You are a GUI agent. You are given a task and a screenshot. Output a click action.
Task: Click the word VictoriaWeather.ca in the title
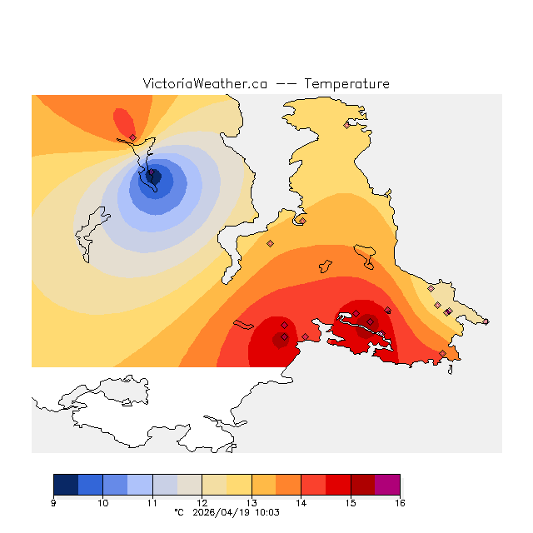tap(205, 84)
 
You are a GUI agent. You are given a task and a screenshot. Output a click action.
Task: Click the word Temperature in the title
tap(346, 84)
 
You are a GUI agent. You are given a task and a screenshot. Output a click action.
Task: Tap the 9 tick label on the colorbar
tap(53, 503)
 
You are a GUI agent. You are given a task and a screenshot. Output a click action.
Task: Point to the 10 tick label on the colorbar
tap(102, 503)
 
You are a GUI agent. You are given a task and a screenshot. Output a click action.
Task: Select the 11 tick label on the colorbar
tap(152, 503)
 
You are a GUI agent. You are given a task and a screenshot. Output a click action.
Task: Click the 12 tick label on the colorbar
tap(202, 503)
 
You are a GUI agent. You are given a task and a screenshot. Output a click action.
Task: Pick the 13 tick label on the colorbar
tap(252, 503)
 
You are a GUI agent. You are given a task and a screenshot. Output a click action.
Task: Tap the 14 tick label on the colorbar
tap(301, 503)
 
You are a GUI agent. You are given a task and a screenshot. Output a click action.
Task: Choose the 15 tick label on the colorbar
tap(351, 503)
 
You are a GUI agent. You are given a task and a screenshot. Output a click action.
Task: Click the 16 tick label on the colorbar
tap(400, 503)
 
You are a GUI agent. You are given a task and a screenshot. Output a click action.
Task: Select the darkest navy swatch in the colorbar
tap(66, 485)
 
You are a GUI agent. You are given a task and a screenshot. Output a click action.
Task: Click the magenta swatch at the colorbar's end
tap(387, 485)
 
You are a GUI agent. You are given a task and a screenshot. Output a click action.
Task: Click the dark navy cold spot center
tap(153, 176)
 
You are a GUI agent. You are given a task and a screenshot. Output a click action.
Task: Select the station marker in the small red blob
tap(132, 137)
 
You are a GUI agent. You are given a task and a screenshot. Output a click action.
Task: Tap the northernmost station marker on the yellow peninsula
tap(347, 125)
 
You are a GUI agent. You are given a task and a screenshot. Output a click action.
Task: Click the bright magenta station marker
tap(448, 311)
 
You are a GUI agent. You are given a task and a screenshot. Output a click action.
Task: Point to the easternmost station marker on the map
tap(486, 321)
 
